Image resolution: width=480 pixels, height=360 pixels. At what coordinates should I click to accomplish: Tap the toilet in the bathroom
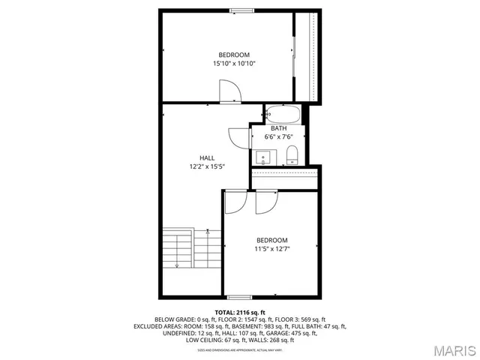(292, 156)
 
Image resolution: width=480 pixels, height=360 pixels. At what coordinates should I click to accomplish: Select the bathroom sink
(264, 157)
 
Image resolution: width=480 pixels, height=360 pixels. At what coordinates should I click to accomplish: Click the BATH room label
(279, 128)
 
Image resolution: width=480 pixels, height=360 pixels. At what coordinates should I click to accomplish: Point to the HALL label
(207, 157)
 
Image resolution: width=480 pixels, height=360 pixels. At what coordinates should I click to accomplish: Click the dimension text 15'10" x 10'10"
(234, 64)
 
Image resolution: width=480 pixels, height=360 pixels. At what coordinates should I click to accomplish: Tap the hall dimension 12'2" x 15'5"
(207, 166)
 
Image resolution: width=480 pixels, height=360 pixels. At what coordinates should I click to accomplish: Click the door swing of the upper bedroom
(229, 91)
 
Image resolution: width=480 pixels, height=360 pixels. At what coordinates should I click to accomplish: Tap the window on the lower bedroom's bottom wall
(239, 298)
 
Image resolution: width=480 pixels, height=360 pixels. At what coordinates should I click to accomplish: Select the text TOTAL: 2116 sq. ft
(240, 312)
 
